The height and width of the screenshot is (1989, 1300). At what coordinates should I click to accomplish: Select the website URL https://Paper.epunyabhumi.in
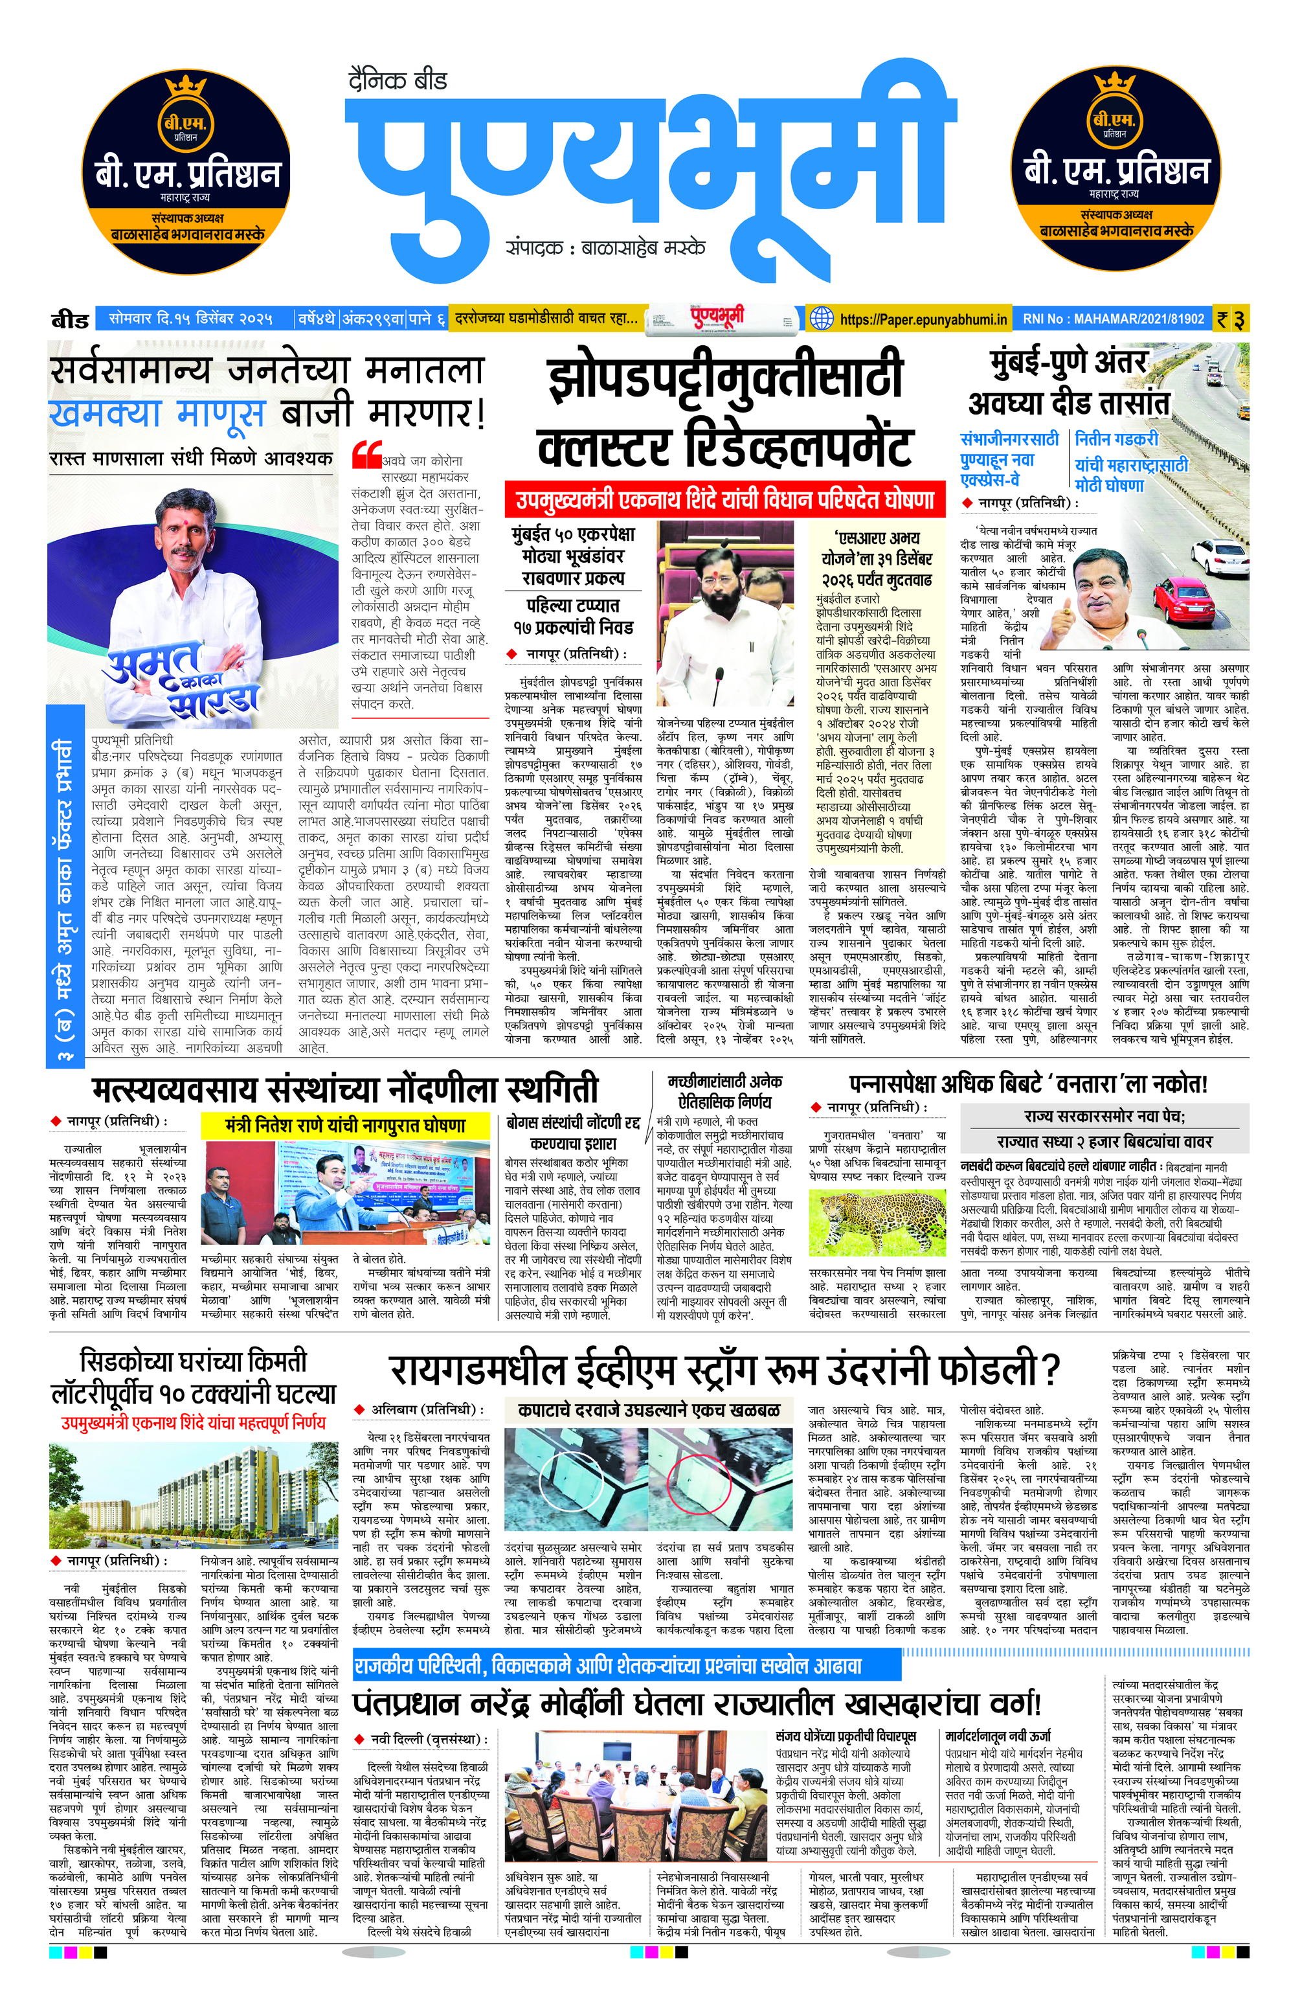(923, 319)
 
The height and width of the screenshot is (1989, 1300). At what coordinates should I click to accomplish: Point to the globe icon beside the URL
(822, 319)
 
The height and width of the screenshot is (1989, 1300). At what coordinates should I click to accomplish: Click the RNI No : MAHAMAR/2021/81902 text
(1113, 319)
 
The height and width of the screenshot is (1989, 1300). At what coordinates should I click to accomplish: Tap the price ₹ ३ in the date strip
(1231, 319)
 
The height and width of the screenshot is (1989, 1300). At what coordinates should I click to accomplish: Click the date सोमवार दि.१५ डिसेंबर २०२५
(190, 319)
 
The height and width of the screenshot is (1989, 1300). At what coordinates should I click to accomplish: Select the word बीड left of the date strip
(70, 320)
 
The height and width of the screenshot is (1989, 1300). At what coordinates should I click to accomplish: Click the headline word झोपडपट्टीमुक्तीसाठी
(724, 380)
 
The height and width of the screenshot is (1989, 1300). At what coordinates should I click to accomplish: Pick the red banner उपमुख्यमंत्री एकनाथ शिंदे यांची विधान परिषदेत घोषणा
(724, 501)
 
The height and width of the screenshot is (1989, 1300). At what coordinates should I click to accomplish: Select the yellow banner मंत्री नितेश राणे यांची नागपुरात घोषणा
(345, 1126)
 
